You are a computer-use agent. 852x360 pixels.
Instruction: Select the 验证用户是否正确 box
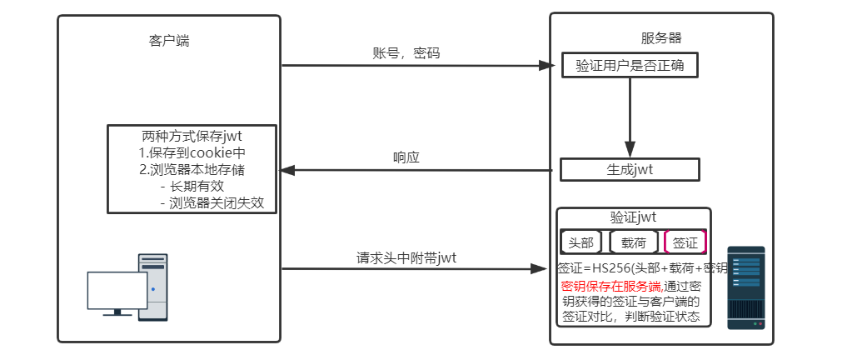click(x=630, y=65)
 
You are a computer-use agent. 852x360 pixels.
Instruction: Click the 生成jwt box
click(x=630, y=170)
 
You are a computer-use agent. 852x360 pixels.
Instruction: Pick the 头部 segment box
click(x=580, y=242)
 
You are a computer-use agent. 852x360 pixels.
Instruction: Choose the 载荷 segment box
click(x=633, y=242)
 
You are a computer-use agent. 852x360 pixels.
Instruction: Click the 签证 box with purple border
click(x=685, y=242)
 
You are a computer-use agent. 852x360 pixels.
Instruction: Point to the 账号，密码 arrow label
click(x=406, y=53)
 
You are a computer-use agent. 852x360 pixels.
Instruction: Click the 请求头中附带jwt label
click(x=406, y=257)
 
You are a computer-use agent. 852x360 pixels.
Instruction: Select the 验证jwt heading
click(x=633, y=217)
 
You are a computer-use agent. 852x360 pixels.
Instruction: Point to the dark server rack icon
click(x=745, y=287)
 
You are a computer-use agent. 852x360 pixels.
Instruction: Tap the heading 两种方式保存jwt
click(x=192, y=136)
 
